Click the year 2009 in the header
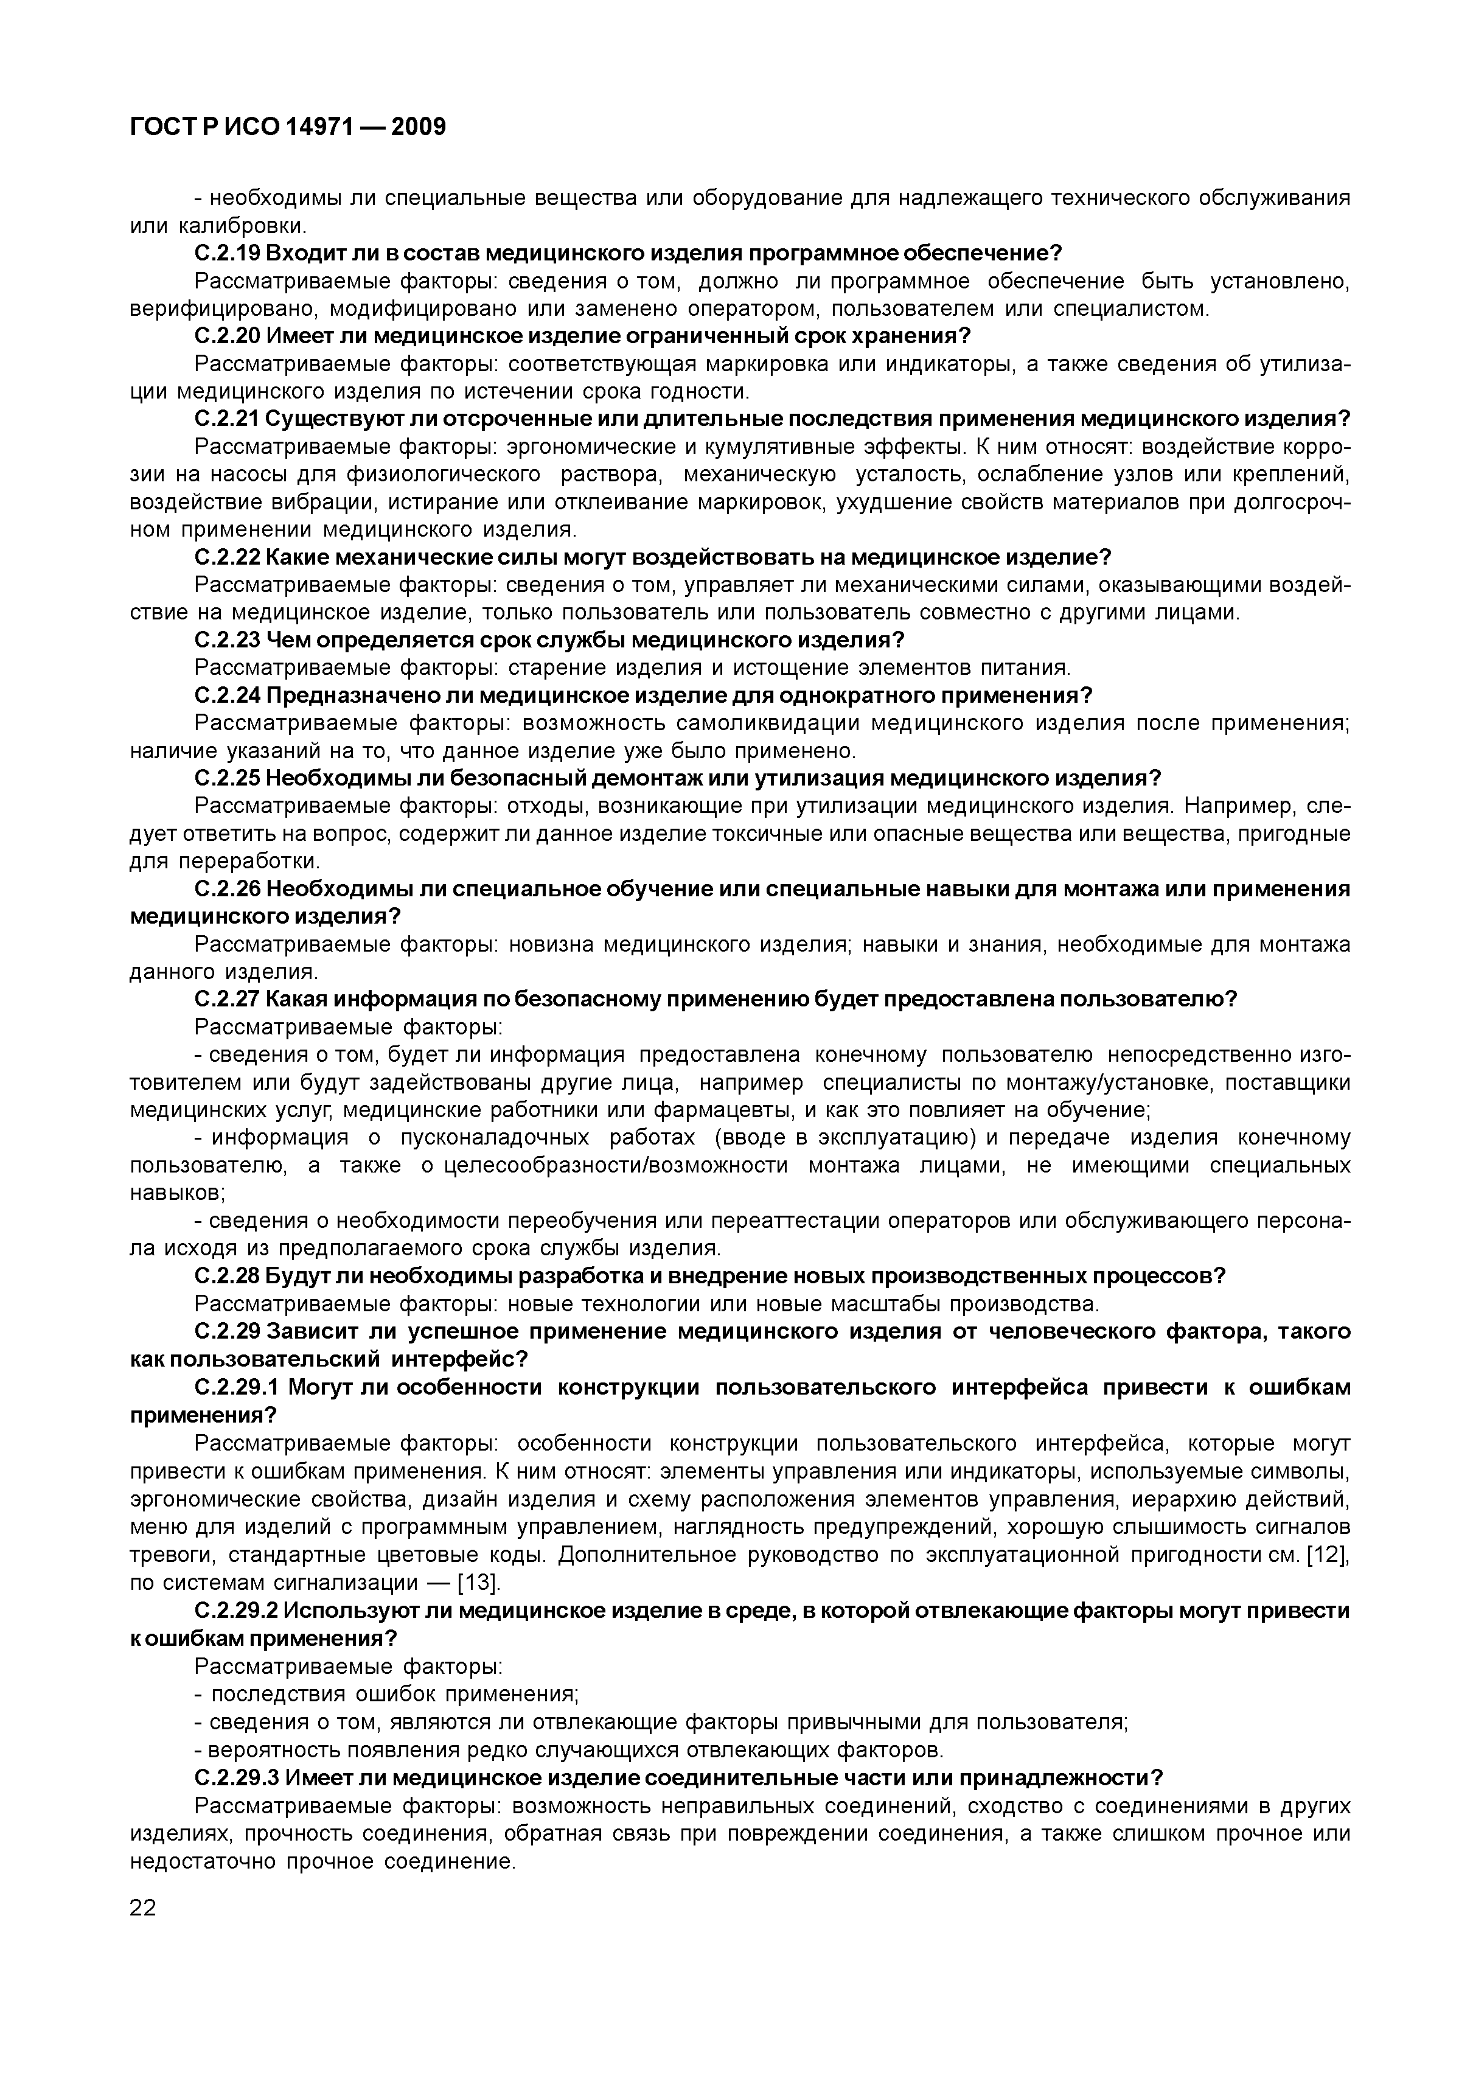(419, 128)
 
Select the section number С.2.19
(227, 253)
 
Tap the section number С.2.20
(227, 336)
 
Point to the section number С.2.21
(227, 419)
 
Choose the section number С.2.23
(227, 641)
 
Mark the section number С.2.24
(227, 696)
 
